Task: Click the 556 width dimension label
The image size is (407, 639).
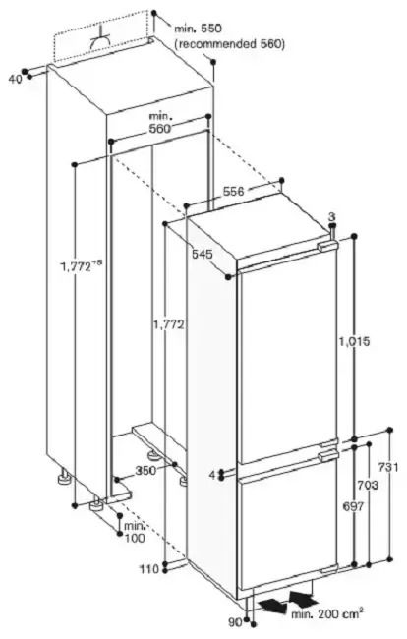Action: [233, 191]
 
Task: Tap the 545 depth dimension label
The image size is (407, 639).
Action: [203, 254]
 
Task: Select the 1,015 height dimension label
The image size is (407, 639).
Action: [355, 341]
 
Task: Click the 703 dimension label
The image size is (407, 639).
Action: [368, 485]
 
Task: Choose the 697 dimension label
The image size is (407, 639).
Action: [353, 506]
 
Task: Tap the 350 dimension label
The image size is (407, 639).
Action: [145, 471]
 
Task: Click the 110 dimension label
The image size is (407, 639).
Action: [149, 569]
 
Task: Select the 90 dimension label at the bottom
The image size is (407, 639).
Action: [235, 622]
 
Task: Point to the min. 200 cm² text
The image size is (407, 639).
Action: [326, 612]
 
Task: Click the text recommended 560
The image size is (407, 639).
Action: [229, 44]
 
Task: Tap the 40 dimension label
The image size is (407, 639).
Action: [15, 79]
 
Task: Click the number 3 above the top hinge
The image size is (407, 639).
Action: [332, 216]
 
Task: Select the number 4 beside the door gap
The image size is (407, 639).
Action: [212, 475]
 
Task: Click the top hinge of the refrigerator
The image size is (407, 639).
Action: [328, 247]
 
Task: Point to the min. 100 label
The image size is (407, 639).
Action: [135, 532]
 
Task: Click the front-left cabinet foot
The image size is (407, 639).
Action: [97, 504]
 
